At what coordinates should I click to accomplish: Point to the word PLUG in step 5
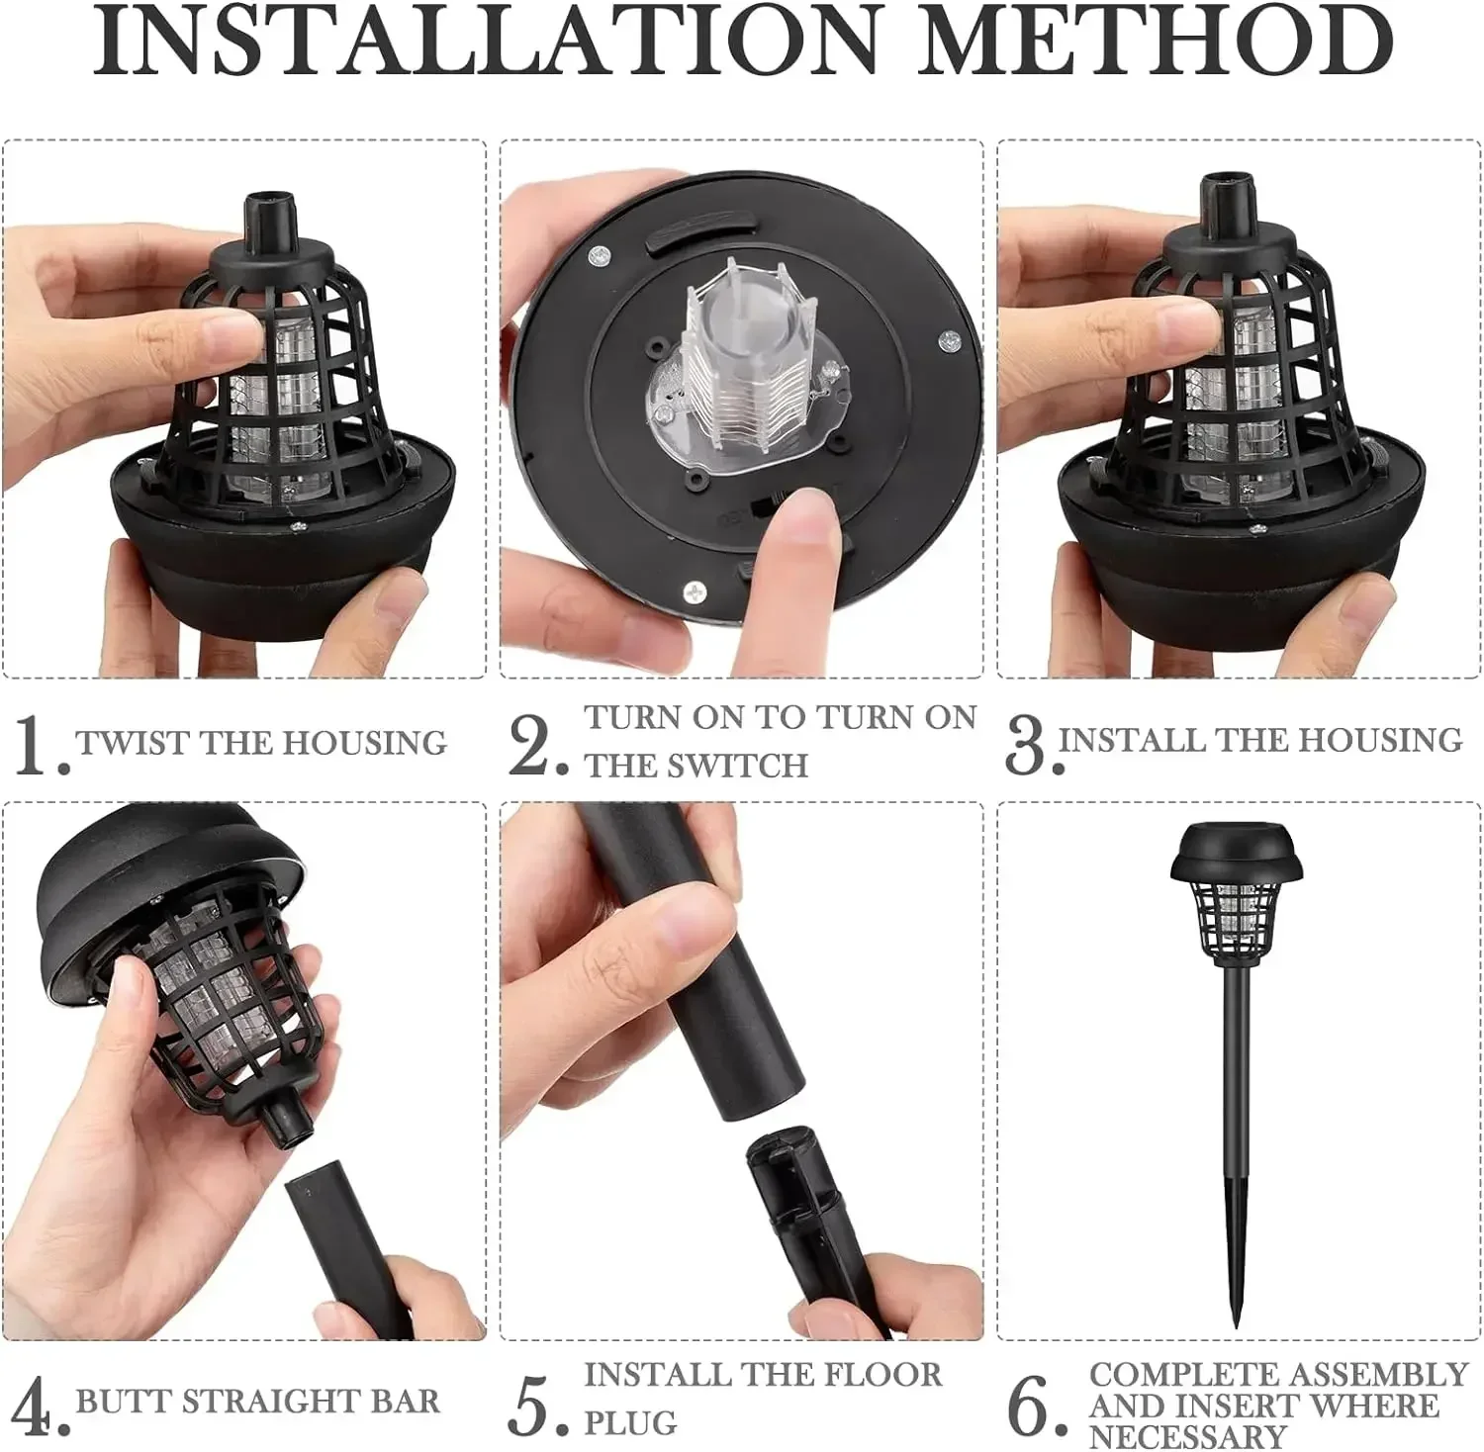click(630, 1423)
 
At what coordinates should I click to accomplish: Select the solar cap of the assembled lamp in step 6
click(1238, 853)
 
